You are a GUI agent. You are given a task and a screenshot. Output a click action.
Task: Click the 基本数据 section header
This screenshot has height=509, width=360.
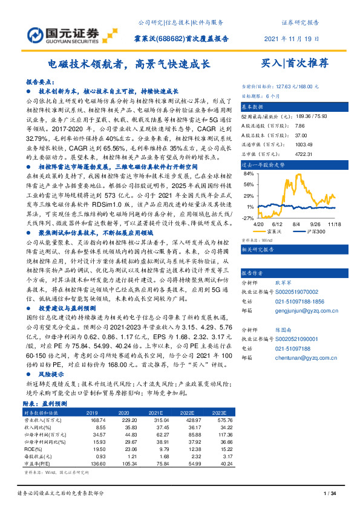[254, 106]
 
